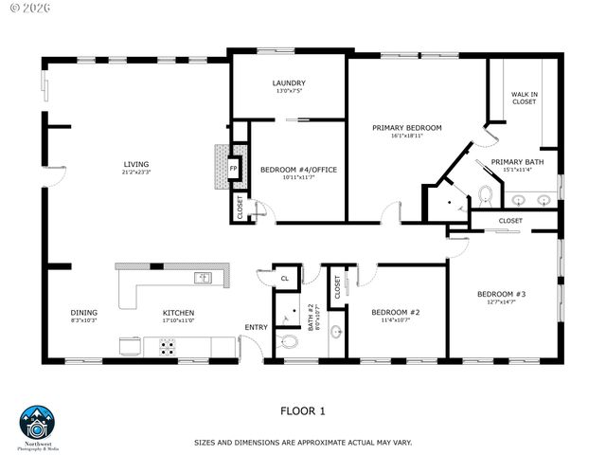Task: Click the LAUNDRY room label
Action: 289,82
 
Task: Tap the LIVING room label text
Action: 135,164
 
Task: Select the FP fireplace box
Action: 233,169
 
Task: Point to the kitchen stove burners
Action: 168,347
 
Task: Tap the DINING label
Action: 84,312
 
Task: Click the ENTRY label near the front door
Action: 256,327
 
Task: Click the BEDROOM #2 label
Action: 395,312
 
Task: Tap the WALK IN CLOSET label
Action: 524,98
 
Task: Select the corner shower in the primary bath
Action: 444,202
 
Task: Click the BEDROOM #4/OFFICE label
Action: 298,170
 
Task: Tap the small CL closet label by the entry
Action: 285,279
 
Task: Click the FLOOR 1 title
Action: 302,410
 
